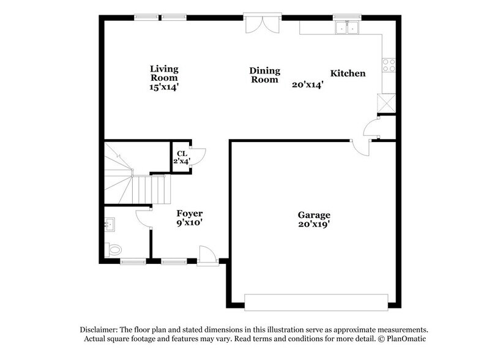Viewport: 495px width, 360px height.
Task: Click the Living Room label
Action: point(165,73)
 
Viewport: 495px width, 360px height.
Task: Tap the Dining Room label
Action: point(264,75)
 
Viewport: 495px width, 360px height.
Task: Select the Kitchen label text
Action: point(348,73)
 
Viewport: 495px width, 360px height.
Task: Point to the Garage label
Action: point(314,215)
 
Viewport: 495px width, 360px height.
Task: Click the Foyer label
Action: point(190,213)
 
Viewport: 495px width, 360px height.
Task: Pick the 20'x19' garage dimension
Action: point(314,224)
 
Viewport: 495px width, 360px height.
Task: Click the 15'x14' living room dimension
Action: point(165,87)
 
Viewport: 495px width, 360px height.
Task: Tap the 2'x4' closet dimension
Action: point(182,162)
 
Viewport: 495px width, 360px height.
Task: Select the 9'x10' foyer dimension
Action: point(190,223)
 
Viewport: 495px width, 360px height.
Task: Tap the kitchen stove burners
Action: point(389,64)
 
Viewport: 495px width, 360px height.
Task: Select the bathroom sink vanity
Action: point(110,225)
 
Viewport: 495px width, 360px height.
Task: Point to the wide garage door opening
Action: point(316,302)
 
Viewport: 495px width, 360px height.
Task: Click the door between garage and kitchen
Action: point(360,149)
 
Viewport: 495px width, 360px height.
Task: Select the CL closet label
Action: point(182,154)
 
